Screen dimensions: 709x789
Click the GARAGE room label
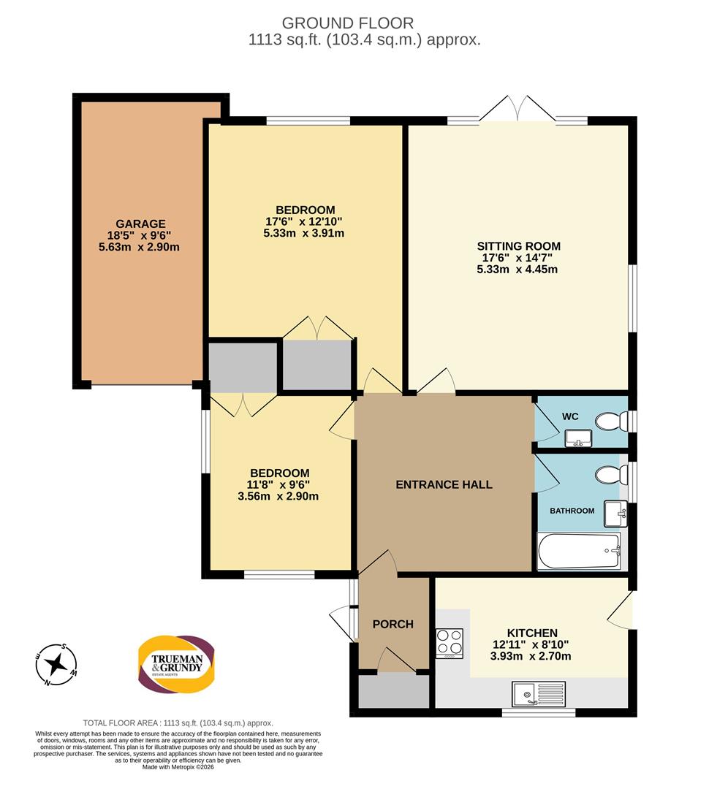pyautogui.click(x=140, y=224)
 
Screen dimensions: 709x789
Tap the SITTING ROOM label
pyautogui.click(x=519, y=246)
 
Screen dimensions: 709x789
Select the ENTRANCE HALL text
pyautogui.click(x=444, y=484)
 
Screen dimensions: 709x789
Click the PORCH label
pyautogui.click(x=393, y=624)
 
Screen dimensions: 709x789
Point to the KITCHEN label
pyautogui.click(x=532, y=633)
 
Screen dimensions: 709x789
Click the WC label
pyautogui.click(x=570, y=416)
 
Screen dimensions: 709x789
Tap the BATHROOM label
pyautogui.click(x=572, y=511)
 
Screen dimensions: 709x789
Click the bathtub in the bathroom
pyautogui.click(x=580, y=551)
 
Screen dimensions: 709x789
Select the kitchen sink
pyautogui.click(x=539, y=694)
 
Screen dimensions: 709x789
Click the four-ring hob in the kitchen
pyautogui.click(x=450, y=643)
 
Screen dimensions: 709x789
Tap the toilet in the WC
pyautogui.click(x=611, y=422)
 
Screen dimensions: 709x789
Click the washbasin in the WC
pyautogui.click(x=579, y=438)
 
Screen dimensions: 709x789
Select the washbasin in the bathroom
pyautogui.click(x=615, y=514)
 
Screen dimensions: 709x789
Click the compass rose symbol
pyautogui.click(x=56, y=665)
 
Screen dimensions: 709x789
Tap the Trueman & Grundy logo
pyautogui.click(x=177, y=664)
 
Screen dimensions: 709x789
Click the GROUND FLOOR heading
pyautogui.click(x=347, y=23)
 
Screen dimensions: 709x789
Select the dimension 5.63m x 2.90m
pyautogui.click(x=140, y=247)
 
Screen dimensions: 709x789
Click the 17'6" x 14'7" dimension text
pyautogui.click(x=517, y=258)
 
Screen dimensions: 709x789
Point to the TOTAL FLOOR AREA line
pyautogui.click(x=178, y=723)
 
